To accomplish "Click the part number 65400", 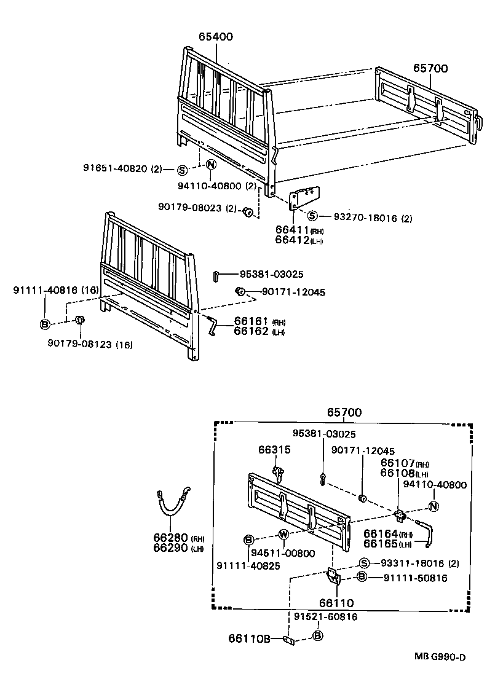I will click(215, 37).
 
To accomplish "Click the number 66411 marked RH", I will click(291, 230).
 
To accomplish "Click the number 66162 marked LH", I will click(250, 332).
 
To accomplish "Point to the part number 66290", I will click(170, 548).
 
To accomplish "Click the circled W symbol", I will click(283, 533).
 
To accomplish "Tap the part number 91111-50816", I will click(415, 578).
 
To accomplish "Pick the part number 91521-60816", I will click(325, 616).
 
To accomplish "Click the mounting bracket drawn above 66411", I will click(305, 198).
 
